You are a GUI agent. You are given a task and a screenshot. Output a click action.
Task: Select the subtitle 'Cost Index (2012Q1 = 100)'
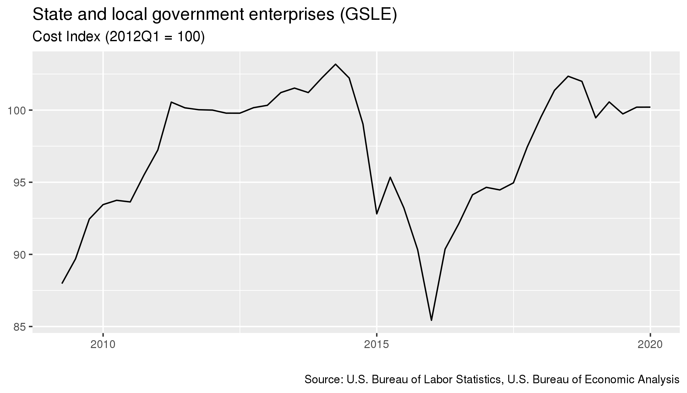coord(118,37)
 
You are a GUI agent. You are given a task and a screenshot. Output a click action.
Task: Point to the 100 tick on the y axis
coord(20,110)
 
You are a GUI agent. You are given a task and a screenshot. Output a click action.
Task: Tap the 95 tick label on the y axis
coord(20,182)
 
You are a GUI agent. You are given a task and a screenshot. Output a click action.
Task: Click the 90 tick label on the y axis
coord(20,254)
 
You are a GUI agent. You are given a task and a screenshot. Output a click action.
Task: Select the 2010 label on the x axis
coord(103,345)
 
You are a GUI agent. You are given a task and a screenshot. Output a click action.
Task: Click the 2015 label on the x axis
coord(377,345)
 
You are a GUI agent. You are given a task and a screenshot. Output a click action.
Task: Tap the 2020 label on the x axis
coord(650,345)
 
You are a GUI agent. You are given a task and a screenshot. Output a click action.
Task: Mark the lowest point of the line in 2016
coord(431,320)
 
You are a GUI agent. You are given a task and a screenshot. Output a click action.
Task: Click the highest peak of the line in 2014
coord(335,64)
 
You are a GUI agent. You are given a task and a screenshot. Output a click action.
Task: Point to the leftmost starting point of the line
coord(62,283)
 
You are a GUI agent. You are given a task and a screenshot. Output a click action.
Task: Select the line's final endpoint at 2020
coord(650,107)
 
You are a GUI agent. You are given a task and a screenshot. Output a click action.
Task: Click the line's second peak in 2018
coord(568,76)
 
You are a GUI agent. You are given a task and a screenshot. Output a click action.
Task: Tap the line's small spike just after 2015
coord(390,177)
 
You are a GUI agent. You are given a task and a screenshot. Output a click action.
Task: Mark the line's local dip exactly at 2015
coord(377,214)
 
